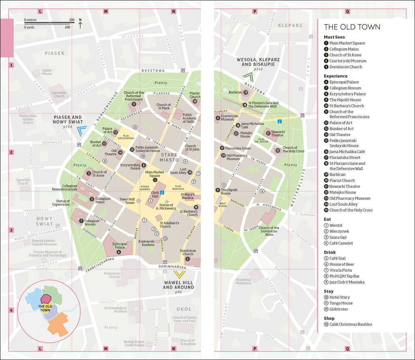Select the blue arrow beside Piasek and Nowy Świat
(82, 130)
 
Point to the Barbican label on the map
(235, 92)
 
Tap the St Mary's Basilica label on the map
(187, 196)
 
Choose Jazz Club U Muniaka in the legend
(347, 282)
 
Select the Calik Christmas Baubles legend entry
(350, 324)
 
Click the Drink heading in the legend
(330, 252)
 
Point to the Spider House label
(47, 72)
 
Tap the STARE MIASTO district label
(169, 157)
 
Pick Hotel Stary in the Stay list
(339, 297)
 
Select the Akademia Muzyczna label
(243, 281)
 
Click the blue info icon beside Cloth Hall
(162, 192)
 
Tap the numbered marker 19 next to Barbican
(246, 93)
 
